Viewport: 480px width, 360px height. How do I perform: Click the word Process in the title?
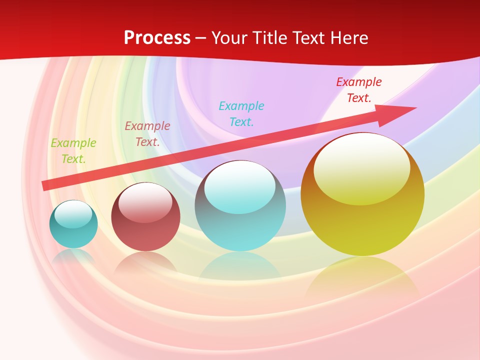click(x=157, y=38)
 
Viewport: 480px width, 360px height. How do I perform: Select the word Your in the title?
click(x=229, y=38)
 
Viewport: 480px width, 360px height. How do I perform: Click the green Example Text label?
click(x=73, y=151)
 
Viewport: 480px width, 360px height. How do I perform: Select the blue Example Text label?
click(x=241, y=114)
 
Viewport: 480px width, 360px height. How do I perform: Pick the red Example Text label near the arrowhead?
click(x=359, y=90)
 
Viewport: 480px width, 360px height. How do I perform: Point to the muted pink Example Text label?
click(x=147, y=134)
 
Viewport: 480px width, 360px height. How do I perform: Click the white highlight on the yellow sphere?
click(x=361, y=167)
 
